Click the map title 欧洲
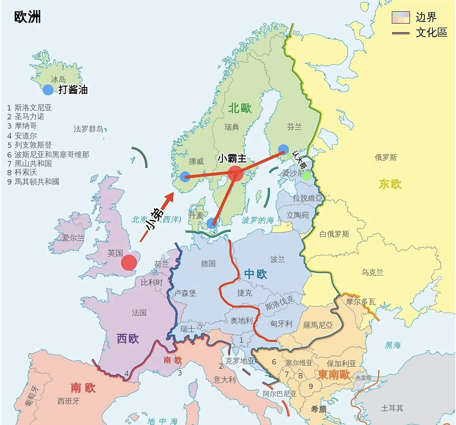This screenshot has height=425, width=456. click(28, 17)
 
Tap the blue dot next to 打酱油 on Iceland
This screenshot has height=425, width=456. click(48, 90)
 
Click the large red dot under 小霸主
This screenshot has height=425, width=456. click(235, 173)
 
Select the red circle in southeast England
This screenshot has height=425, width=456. click(129, 263)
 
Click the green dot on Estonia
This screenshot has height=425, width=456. click(306, 175)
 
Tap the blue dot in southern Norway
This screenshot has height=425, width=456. click(185, 177)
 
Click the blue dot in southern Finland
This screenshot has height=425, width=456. click(283, 150)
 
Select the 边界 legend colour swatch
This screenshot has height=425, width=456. click(401, 17)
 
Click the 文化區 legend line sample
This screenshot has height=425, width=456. click(401, 33)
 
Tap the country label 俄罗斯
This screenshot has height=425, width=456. click(386, 157)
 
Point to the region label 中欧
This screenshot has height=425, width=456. click(255, 274)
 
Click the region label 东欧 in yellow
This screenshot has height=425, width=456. click(390, 184)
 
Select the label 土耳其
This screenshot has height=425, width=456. click(392, 408)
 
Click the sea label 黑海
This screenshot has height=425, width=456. click(393, 345)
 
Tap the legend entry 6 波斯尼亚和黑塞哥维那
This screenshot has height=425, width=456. click(48, 155)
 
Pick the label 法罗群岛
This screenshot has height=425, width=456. click(88, 129)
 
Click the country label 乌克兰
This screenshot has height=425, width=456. click(372, 273)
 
